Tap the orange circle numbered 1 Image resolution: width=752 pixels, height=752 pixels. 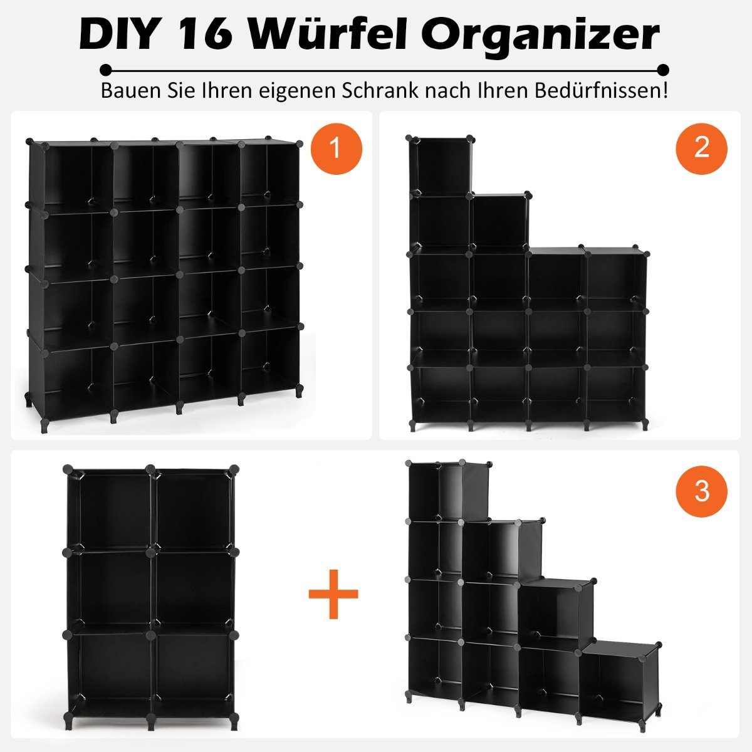pyautogui.click(x=337, y=149)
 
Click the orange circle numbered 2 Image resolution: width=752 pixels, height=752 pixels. pyautogui.click(x=702, y=149)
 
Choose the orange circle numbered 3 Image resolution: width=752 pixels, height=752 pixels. pyautogui.click(x=702, y=491)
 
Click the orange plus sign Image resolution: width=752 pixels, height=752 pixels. pyautogui.click(x=333, y=594)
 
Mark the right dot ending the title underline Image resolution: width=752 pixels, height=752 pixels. pyautogui.click(x=663, y=70)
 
